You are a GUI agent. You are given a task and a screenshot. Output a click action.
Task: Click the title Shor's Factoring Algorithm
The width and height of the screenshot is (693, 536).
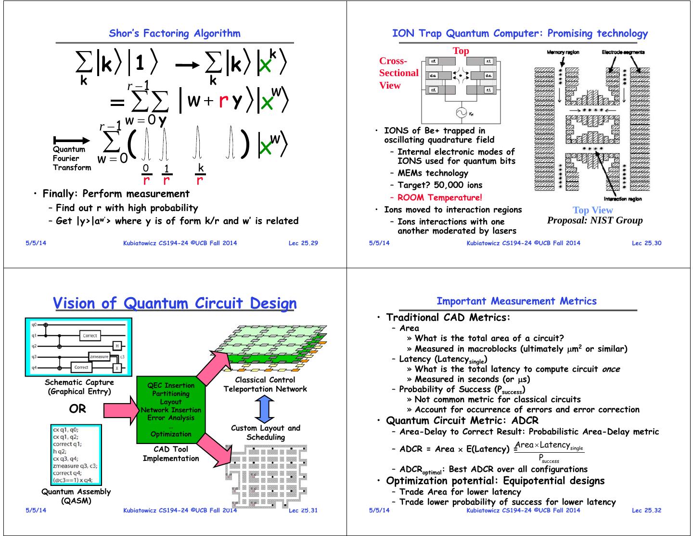pos(175,33)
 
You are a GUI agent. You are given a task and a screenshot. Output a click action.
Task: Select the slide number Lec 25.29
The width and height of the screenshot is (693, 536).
pos(303,243)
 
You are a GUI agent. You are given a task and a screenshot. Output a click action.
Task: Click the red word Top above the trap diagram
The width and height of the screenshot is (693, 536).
pos(461,51)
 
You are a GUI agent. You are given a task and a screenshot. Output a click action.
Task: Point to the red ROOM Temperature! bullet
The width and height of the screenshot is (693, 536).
pos(439,197)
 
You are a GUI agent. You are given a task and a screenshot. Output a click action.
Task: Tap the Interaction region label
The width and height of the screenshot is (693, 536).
pos(623,199)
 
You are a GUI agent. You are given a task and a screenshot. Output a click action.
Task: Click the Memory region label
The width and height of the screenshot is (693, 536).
pos(563,52)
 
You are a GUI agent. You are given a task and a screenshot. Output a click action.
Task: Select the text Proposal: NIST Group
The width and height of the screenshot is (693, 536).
pos(595,221)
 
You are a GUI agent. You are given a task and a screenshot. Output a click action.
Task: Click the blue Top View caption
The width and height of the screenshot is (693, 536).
pos(592,210)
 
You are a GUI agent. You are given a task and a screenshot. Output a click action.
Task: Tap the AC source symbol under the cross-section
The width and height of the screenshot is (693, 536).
pos(461,113)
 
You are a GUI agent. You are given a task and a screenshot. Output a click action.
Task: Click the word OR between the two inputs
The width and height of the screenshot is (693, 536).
pos(77,409)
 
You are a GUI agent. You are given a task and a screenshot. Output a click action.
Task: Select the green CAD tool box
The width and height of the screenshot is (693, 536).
pos(171,409)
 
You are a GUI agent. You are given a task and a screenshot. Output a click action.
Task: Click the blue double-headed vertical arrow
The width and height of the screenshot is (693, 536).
pos(264,409)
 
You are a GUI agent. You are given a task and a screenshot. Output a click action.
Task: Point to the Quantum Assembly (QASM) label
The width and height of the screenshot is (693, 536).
pos(76,496)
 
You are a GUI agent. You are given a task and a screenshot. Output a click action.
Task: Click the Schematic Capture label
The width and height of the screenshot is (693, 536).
pos(79,387)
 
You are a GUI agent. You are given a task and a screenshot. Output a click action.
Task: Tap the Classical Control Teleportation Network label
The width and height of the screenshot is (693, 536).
pos(265,384)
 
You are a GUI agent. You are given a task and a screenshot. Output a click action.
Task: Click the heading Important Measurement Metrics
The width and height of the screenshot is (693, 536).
pos(516,301)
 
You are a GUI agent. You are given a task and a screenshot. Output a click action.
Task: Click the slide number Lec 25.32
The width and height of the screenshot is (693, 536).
pos(646,510)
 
